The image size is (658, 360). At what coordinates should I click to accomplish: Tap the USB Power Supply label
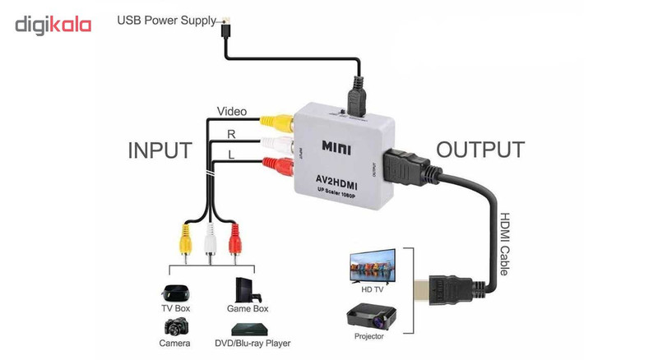(x=167, y=20)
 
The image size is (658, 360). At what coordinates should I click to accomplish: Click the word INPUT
(x=160, y=150)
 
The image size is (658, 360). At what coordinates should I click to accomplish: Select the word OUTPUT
(x=480, y=150)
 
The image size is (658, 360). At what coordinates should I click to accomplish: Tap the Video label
(x=232, y=112)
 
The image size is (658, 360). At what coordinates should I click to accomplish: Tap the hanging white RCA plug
(x=210, y=242)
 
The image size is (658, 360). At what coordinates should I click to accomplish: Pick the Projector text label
(x=370, y=337)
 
